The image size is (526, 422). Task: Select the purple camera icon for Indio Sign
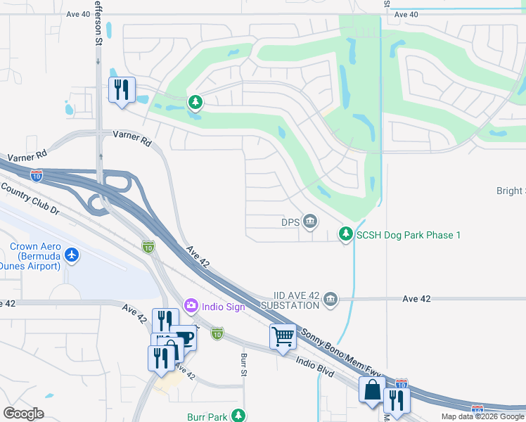(x=191, y=306)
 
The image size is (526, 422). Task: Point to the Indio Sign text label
(x=223, y=306)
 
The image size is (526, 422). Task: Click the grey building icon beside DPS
(x=310, y=222)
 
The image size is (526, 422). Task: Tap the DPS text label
(x=291, y=222)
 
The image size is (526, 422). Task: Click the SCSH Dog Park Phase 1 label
(x=409, y=235)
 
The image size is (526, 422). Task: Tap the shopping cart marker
(x=283, y=336)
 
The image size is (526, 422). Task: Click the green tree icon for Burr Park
(x=240, y=416)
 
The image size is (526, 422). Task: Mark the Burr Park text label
(x=207, y=417)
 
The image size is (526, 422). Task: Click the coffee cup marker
(x=184, y=338)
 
